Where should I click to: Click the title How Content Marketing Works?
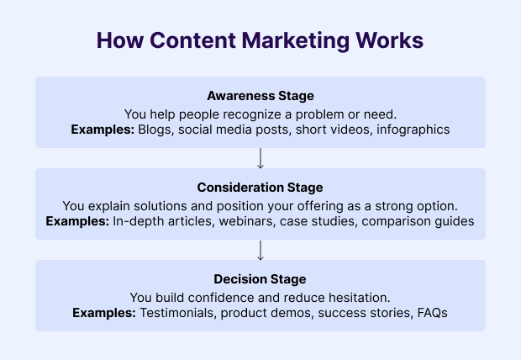coord(260,41)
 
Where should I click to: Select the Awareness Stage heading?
coord(260,96)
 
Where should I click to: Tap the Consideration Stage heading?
coord(260,187)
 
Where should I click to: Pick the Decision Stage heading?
coord(260,278)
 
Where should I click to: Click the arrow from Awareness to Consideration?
coord(260,157)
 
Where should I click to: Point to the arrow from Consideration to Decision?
coord(260,249)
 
